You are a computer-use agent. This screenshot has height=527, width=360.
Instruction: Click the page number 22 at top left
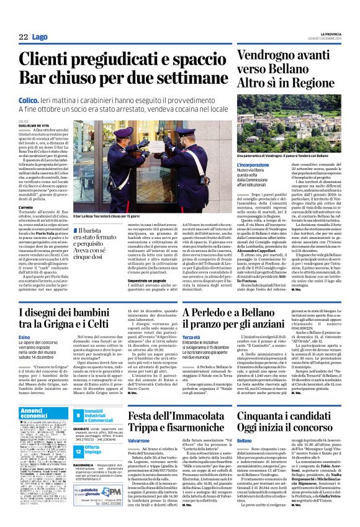pos(24,37)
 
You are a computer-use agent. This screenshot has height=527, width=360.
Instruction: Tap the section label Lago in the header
pos(40,37)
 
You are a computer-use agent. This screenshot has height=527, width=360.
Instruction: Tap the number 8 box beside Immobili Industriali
pos(78,416)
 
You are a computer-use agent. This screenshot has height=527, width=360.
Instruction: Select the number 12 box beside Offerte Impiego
pos(78,450)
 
